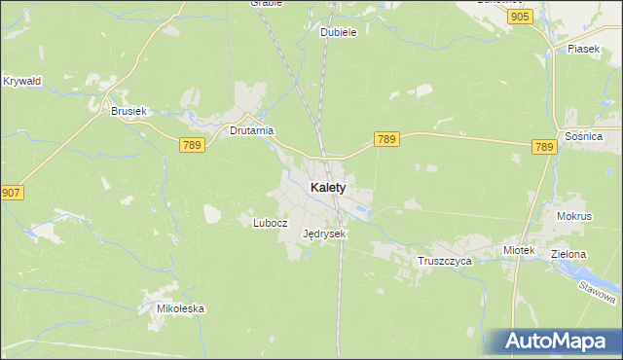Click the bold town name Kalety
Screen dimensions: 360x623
tap(327, 187)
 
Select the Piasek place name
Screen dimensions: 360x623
tap(582, 49)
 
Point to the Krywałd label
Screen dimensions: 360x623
tap(21, 81)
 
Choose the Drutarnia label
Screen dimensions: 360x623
tap(251, 130)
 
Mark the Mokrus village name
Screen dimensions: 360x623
tap(574, 215)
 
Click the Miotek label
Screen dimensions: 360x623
tap(519, 250)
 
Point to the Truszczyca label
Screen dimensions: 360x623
tap(444, 262)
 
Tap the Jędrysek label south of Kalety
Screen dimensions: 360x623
tap(324, 234)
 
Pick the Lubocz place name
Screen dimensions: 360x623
tap(271, 222)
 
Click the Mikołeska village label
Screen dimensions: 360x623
tap(181, 308)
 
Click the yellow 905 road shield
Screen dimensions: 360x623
tap(520, 18)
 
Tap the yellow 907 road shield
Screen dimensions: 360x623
tap(12, 193)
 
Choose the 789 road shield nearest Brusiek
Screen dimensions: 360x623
tap(192, 144)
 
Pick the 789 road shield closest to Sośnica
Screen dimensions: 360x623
tap(544, 147)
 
